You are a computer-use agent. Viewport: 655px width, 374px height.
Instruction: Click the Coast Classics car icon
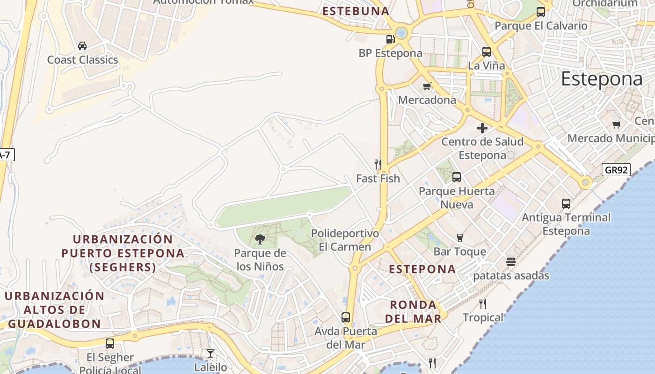pos(82,46)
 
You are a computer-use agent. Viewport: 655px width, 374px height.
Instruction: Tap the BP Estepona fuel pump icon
pos(390,39)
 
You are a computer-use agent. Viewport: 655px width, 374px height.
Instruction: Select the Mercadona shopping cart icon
pos(427,86)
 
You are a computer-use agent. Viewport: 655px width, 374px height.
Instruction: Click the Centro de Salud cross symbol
pos(482,128)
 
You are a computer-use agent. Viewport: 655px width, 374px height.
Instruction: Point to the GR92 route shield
pos(616,170)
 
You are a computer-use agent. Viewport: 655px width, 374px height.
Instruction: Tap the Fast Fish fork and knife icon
pos(378,165)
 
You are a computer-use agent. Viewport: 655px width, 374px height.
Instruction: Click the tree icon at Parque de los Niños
pos(260,240)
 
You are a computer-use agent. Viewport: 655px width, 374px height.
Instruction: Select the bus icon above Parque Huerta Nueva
pos(457,177)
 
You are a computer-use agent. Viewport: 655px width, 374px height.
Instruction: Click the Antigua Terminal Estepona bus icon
pos(566,204)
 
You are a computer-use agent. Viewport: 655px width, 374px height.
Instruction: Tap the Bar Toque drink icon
pos(459,238)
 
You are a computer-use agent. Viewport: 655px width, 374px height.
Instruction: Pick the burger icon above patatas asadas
pos(510,262)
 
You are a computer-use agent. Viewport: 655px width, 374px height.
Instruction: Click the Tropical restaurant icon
pos(483,304)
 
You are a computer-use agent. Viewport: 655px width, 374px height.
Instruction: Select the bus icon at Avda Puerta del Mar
pos(346,317)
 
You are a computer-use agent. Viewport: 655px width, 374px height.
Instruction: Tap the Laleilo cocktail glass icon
pos(211,353)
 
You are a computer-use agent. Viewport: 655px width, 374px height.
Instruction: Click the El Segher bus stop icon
pos(110,344)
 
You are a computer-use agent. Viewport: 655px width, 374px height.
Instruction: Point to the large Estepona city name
pos(602,79)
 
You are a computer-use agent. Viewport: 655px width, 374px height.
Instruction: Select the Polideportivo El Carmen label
pos(345,240)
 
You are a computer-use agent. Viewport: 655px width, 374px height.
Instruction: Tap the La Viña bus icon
pos(487,52)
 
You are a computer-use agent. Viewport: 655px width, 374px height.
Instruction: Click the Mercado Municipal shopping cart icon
pos(616,124)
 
